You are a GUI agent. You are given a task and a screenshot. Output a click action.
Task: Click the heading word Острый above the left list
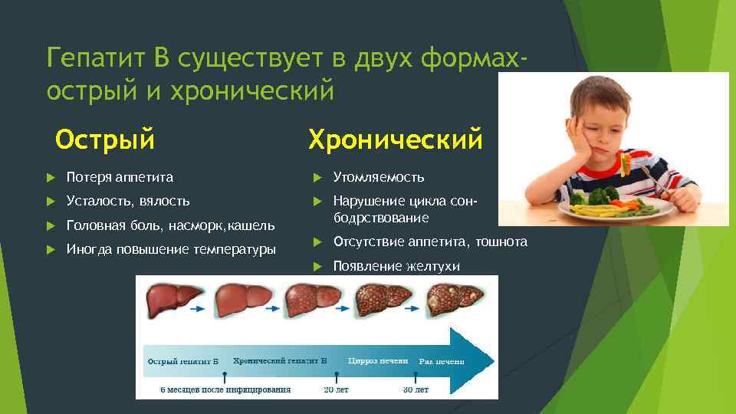point(105,140)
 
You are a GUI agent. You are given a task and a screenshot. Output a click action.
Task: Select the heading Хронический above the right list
point(395,140)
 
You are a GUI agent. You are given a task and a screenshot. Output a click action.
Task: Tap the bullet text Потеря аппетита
point(120,177)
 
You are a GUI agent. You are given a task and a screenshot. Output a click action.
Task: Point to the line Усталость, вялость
point(128,201)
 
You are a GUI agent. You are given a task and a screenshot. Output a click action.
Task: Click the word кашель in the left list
point(251,225)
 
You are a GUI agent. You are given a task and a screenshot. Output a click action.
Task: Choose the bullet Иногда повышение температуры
point(171,249)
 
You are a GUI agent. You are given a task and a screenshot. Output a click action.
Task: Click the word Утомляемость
point(378,177)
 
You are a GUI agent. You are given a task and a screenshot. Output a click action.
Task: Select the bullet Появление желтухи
point(396,266)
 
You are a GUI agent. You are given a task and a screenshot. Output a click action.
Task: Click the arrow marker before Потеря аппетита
point(51,177)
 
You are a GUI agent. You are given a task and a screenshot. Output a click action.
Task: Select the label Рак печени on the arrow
point(441,361)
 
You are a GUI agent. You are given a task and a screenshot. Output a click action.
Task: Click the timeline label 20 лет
point(334,389)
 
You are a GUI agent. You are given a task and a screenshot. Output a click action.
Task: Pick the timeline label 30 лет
point(416,389)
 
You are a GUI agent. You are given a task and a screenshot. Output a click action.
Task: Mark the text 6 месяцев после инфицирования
point(225,389)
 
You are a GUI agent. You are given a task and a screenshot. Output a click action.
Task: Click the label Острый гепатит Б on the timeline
point(183,360)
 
